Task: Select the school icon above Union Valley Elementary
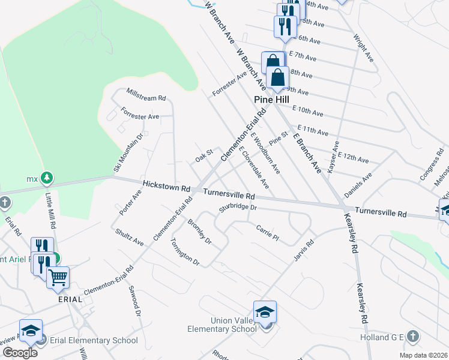click(265, 311)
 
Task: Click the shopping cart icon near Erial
click(58, 277)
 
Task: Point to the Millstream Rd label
click(145, 94)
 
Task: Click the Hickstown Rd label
click(166, 187)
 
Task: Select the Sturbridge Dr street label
click(238, 208)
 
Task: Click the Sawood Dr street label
click(133, 300)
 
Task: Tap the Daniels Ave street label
click(358, 185)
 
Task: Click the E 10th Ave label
click(307, 112)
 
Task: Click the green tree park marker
click(46, 178)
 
